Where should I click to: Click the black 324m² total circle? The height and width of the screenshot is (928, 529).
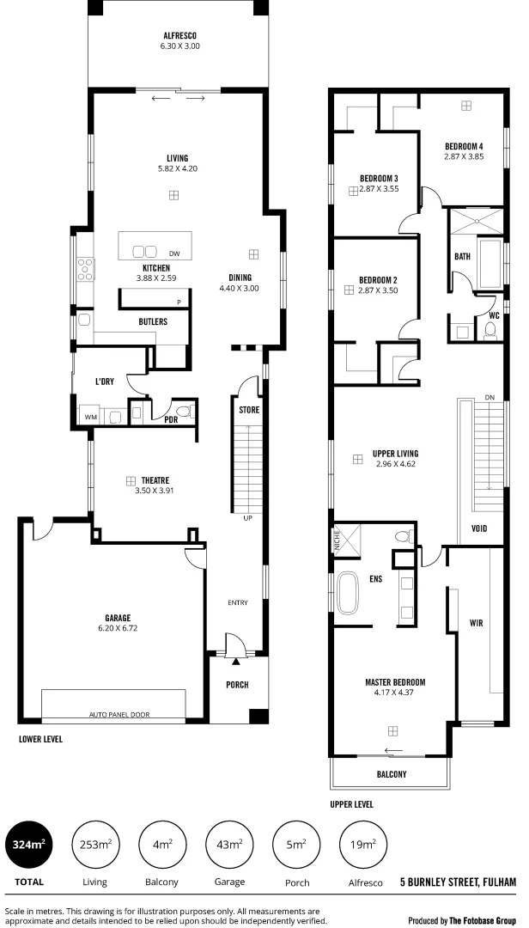[29, 845]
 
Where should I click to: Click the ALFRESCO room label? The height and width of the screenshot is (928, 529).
[180, 35]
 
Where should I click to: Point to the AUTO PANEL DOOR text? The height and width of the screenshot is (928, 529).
[114, 714]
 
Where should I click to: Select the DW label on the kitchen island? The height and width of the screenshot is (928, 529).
[174, 253]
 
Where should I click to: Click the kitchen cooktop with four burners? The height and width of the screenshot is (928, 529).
[86, 270]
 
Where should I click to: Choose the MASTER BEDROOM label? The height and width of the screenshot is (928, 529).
[395, 682]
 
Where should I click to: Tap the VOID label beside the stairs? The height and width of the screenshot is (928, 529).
[479, 528]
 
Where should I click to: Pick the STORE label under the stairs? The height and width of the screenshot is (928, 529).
[248, 410]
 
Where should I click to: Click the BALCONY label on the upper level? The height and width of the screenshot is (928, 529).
[392, 774]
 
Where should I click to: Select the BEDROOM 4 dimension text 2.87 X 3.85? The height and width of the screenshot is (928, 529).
[464, 156]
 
